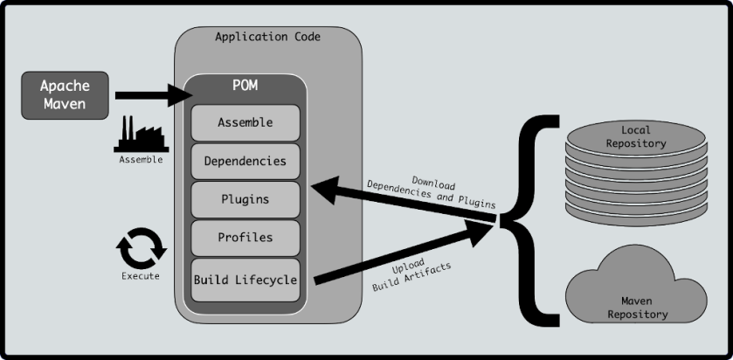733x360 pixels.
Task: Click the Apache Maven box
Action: coord(66,95)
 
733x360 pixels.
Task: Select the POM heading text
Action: coord(245,87)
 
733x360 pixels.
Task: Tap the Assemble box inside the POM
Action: coord(245,122)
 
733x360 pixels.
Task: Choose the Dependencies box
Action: coord(245,161)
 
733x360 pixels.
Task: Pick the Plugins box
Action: coord(245,199)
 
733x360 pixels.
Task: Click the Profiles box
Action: coord(245,238)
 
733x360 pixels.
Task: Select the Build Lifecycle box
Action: coord(245,280)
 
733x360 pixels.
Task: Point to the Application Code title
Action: coord(267,37)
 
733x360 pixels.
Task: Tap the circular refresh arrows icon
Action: coord(141,247)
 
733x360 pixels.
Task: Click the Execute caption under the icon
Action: coord(141,277)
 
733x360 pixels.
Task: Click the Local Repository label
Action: coord(636,136)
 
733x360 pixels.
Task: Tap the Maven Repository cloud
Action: coord(636,293)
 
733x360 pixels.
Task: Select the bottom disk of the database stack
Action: coord(636,212)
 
